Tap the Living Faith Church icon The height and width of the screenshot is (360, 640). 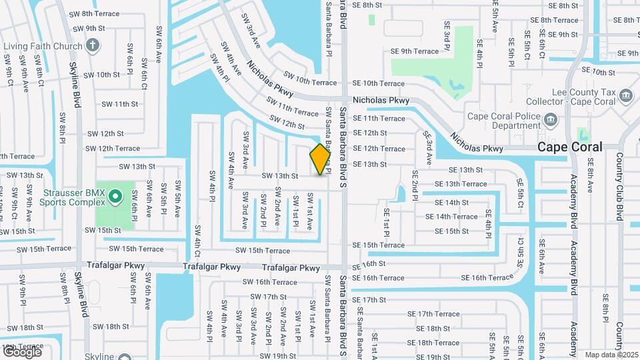pyautogui.click(x=93, y=46)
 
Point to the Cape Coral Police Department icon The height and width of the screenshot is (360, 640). pyautogui.click(x=550, y=121)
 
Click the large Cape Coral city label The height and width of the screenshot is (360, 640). pyautogui.click(x=569, y=147)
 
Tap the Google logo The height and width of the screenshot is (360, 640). pyautogui.click(x=21, y=351)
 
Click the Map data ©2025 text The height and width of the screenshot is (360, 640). pyautogui.click(x=611, y=355)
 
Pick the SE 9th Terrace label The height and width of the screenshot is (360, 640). pyautogui.click(x=415, y=51)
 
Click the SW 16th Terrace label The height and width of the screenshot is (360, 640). pyautogui.click(x=270, y=282)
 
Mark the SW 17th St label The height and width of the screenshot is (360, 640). pyautogui.click(x=265, y=297)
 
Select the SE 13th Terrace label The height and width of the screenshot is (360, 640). pyautogui.click(x=461, y=184)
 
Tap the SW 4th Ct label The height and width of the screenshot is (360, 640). pyautogui.click(x=198, y=241)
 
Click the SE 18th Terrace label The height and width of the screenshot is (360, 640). pyautogui.click(x=433, y=343)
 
